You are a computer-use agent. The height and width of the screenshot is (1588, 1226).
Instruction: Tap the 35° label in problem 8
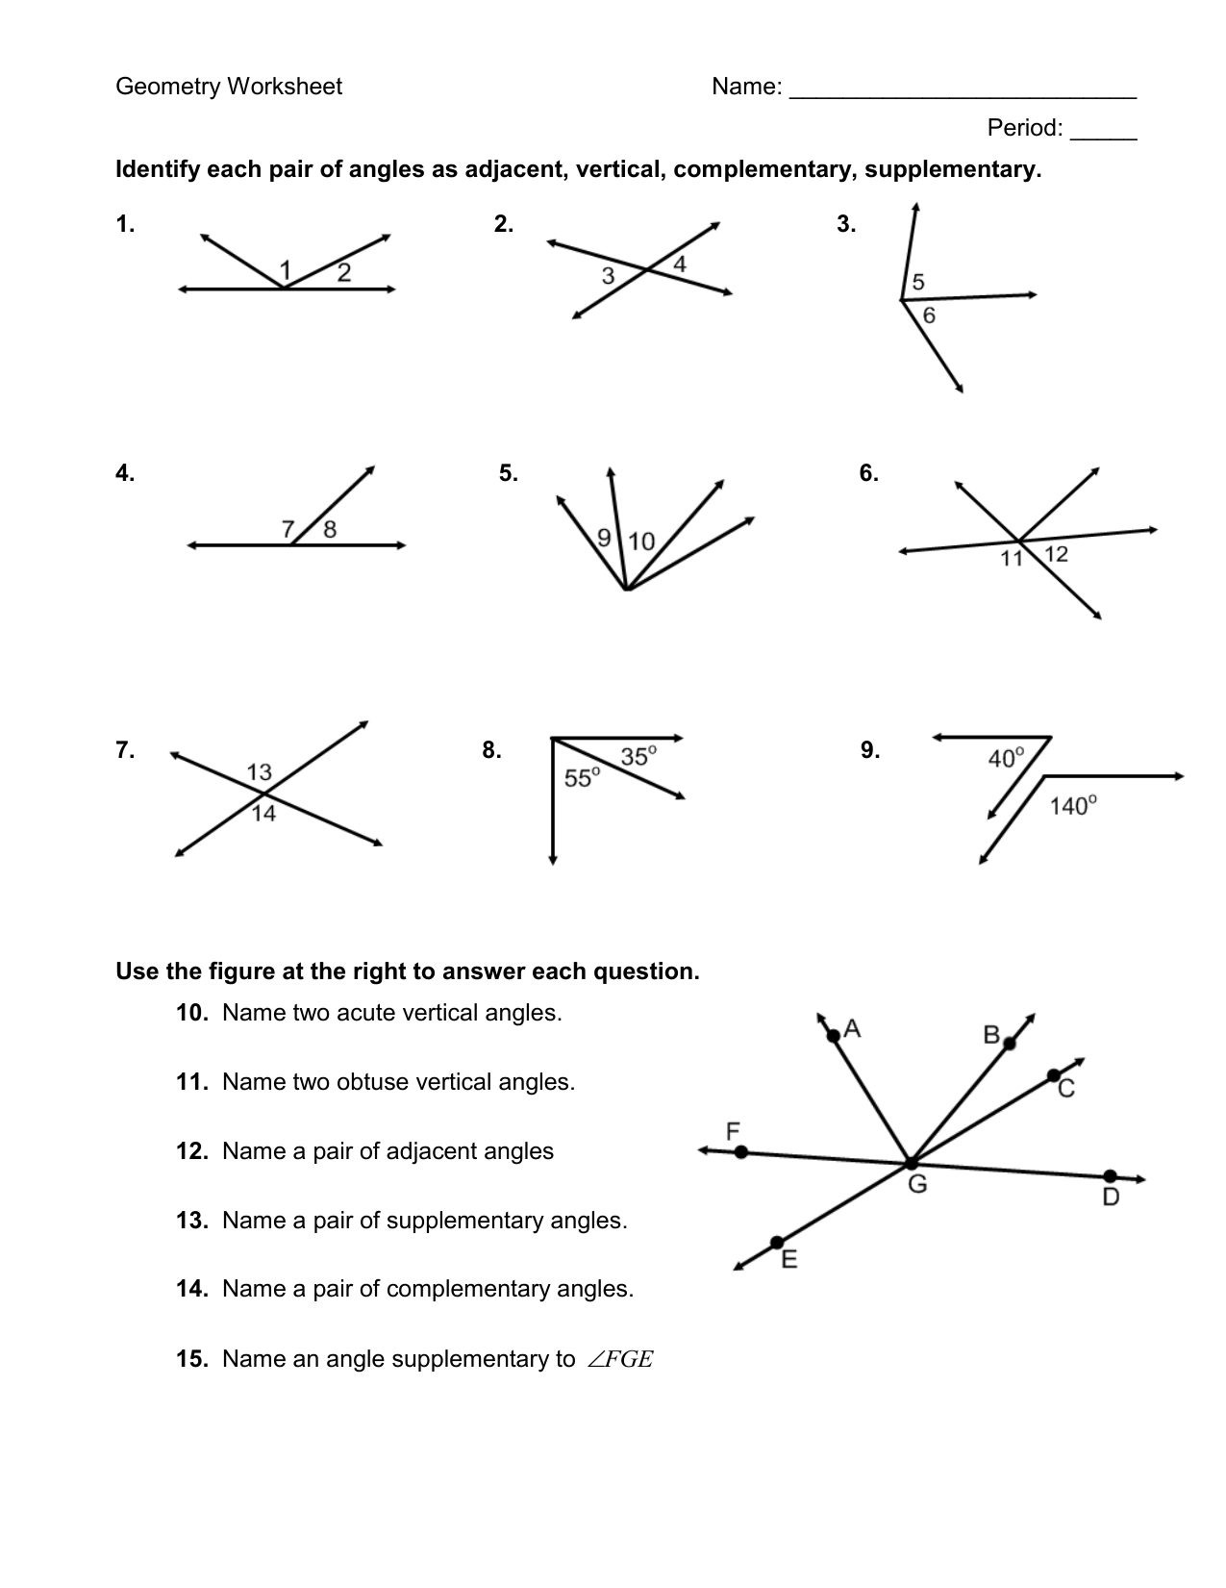pos(638,756)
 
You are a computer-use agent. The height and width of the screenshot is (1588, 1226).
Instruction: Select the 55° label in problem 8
pos(582,777)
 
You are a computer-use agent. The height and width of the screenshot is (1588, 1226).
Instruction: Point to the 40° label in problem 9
pos(1007,759)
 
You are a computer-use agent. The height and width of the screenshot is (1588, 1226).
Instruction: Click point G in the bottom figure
pos(910,1164)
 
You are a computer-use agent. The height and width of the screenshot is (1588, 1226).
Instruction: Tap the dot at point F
pos(740,1151)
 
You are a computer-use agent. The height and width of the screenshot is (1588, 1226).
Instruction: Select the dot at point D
pos(1110,1176)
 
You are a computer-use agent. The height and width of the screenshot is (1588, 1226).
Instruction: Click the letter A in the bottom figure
pos(851,1030)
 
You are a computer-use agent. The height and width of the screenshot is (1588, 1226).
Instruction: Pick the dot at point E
pos(777,1243)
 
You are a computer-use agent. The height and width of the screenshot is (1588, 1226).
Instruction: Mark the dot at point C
pos(1054,1075)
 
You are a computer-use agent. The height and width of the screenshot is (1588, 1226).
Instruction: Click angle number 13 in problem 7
pos(260,772)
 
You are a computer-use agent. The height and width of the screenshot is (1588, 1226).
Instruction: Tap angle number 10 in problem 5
pos(641,542)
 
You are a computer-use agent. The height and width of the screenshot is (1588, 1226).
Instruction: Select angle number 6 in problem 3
pos(929,315)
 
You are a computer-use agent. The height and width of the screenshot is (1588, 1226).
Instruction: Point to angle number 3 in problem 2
pos(608,277)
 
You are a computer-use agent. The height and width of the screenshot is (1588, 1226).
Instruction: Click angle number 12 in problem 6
pos(1056,554)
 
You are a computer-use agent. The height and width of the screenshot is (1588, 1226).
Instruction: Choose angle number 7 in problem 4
pos(288,528)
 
